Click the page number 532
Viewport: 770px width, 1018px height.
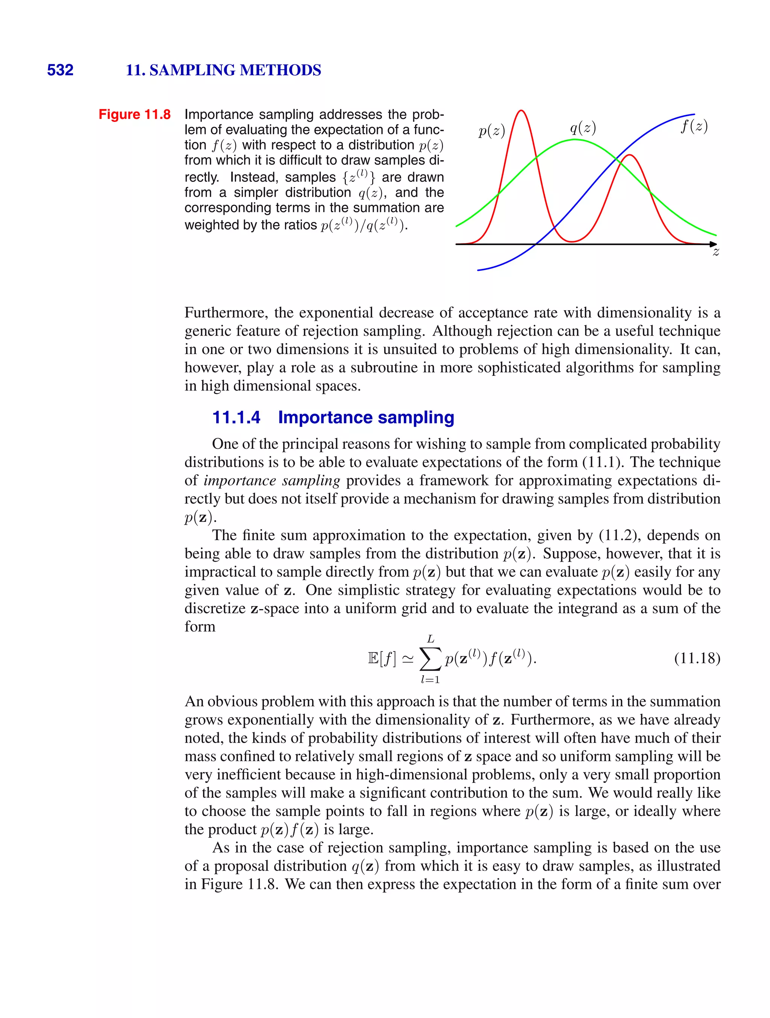pos(60,70)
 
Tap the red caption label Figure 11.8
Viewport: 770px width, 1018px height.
pos(134,114)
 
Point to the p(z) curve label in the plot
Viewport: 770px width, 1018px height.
pos(492,131)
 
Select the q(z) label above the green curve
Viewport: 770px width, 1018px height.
pos(583,128)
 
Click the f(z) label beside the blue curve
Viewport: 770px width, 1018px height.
pos(694,126)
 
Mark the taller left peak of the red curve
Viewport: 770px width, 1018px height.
pos(521,111)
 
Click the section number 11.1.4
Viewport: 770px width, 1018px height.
pos(236,418)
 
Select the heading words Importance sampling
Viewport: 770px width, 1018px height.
pos(366,418)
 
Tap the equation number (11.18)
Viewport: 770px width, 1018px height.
pos(697,658)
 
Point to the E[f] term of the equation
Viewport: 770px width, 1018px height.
pos(382,659)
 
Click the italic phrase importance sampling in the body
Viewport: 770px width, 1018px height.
pos(272,480)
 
